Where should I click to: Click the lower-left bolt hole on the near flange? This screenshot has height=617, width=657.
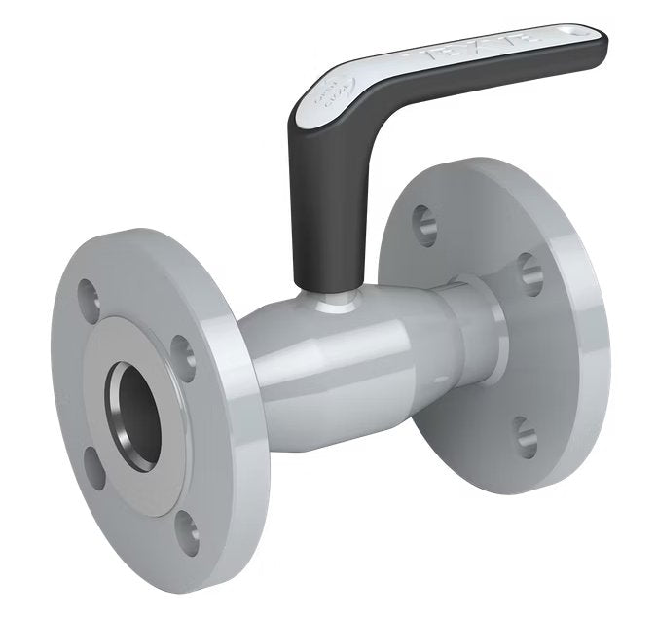click(x=93, y=468)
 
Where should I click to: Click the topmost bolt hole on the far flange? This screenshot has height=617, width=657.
click(x=423, y=223)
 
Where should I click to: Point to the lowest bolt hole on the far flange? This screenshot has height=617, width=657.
click(x=526, y=437)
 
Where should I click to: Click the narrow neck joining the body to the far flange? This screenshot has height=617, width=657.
click(x=477, y=331)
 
